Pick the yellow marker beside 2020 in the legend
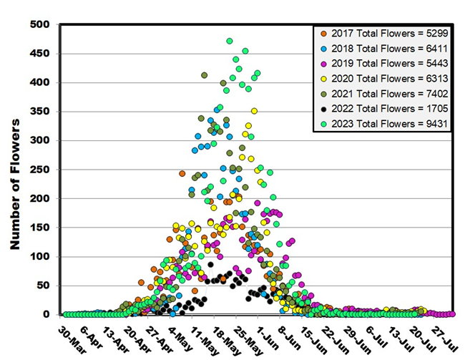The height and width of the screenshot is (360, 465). point(323,79)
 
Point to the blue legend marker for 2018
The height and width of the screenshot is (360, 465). point(323,48)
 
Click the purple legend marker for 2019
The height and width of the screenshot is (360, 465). point(323,64)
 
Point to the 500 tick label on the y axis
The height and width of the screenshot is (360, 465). point(41,25)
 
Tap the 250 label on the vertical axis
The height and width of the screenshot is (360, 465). point(41,170)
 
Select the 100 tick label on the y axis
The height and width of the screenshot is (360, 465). point(41,256)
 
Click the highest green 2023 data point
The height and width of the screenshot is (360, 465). point(230,42)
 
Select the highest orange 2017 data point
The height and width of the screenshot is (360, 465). point(182,174)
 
